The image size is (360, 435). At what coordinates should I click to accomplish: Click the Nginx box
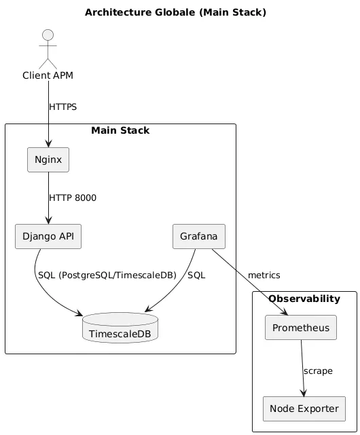coord(48,159)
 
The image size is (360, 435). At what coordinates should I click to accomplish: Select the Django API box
coord(48,236)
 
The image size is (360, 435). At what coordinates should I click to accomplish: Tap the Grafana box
coord(199,236)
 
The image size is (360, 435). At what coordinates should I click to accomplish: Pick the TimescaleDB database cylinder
coord(120,328)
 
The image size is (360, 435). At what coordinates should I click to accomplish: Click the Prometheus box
coord(301,327)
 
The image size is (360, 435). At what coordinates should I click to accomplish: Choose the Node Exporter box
coord(304,409)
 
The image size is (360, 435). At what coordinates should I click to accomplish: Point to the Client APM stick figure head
coord(48,35)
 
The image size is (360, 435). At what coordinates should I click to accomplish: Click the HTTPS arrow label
coord(62,107)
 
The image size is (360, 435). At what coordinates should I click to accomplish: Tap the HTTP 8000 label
coord(73,197)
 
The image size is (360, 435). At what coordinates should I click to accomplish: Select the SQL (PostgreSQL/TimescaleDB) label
coord(107,276)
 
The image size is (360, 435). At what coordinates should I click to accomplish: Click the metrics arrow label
coord(264,276)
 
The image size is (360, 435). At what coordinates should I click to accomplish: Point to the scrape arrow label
coord(318,371)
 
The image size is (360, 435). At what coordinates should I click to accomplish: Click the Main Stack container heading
coord(120,130)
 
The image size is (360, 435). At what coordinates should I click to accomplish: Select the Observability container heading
coord(304,299)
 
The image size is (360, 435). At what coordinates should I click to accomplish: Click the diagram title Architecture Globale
coord(175,12)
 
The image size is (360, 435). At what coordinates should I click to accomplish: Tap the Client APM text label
coord(48,75)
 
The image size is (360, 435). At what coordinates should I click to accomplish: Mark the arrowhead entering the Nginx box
coord(48,144)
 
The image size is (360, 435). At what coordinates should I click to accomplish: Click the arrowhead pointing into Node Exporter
coord(304,392)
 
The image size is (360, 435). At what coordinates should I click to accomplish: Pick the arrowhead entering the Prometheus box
coord(284,311)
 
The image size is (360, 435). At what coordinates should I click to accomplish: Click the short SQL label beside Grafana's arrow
coord(196,276)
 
